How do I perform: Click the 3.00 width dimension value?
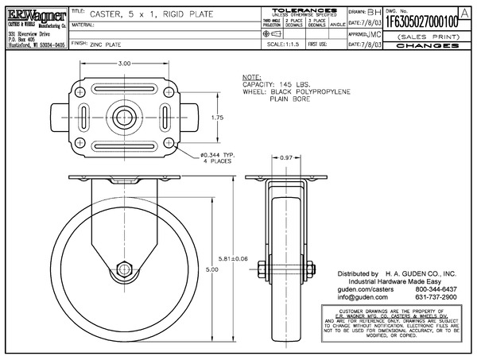click(124, 63)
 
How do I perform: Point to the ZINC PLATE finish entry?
click(108, 46)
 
